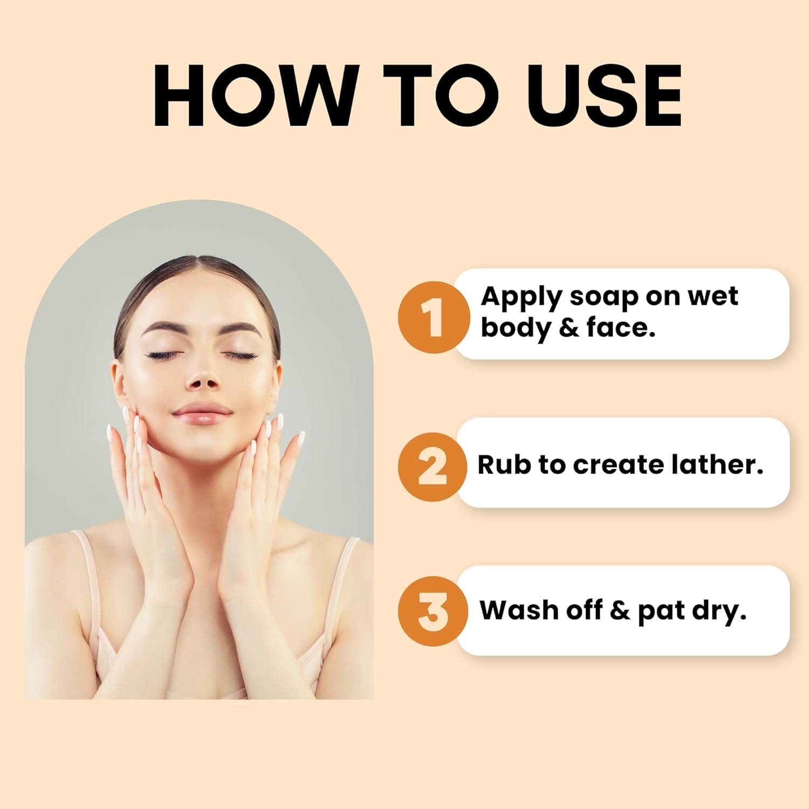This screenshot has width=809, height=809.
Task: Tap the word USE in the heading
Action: click(604, 95)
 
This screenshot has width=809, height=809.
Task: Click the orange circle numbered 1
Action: click(434, 317)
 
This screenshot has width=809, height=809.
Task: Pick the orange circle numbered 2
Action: click(434, 467)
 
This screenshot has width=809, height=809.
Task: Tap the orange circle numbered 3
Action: click(434, 611)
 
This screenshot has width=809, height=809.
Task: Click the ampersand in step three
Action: click(620, 611)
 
